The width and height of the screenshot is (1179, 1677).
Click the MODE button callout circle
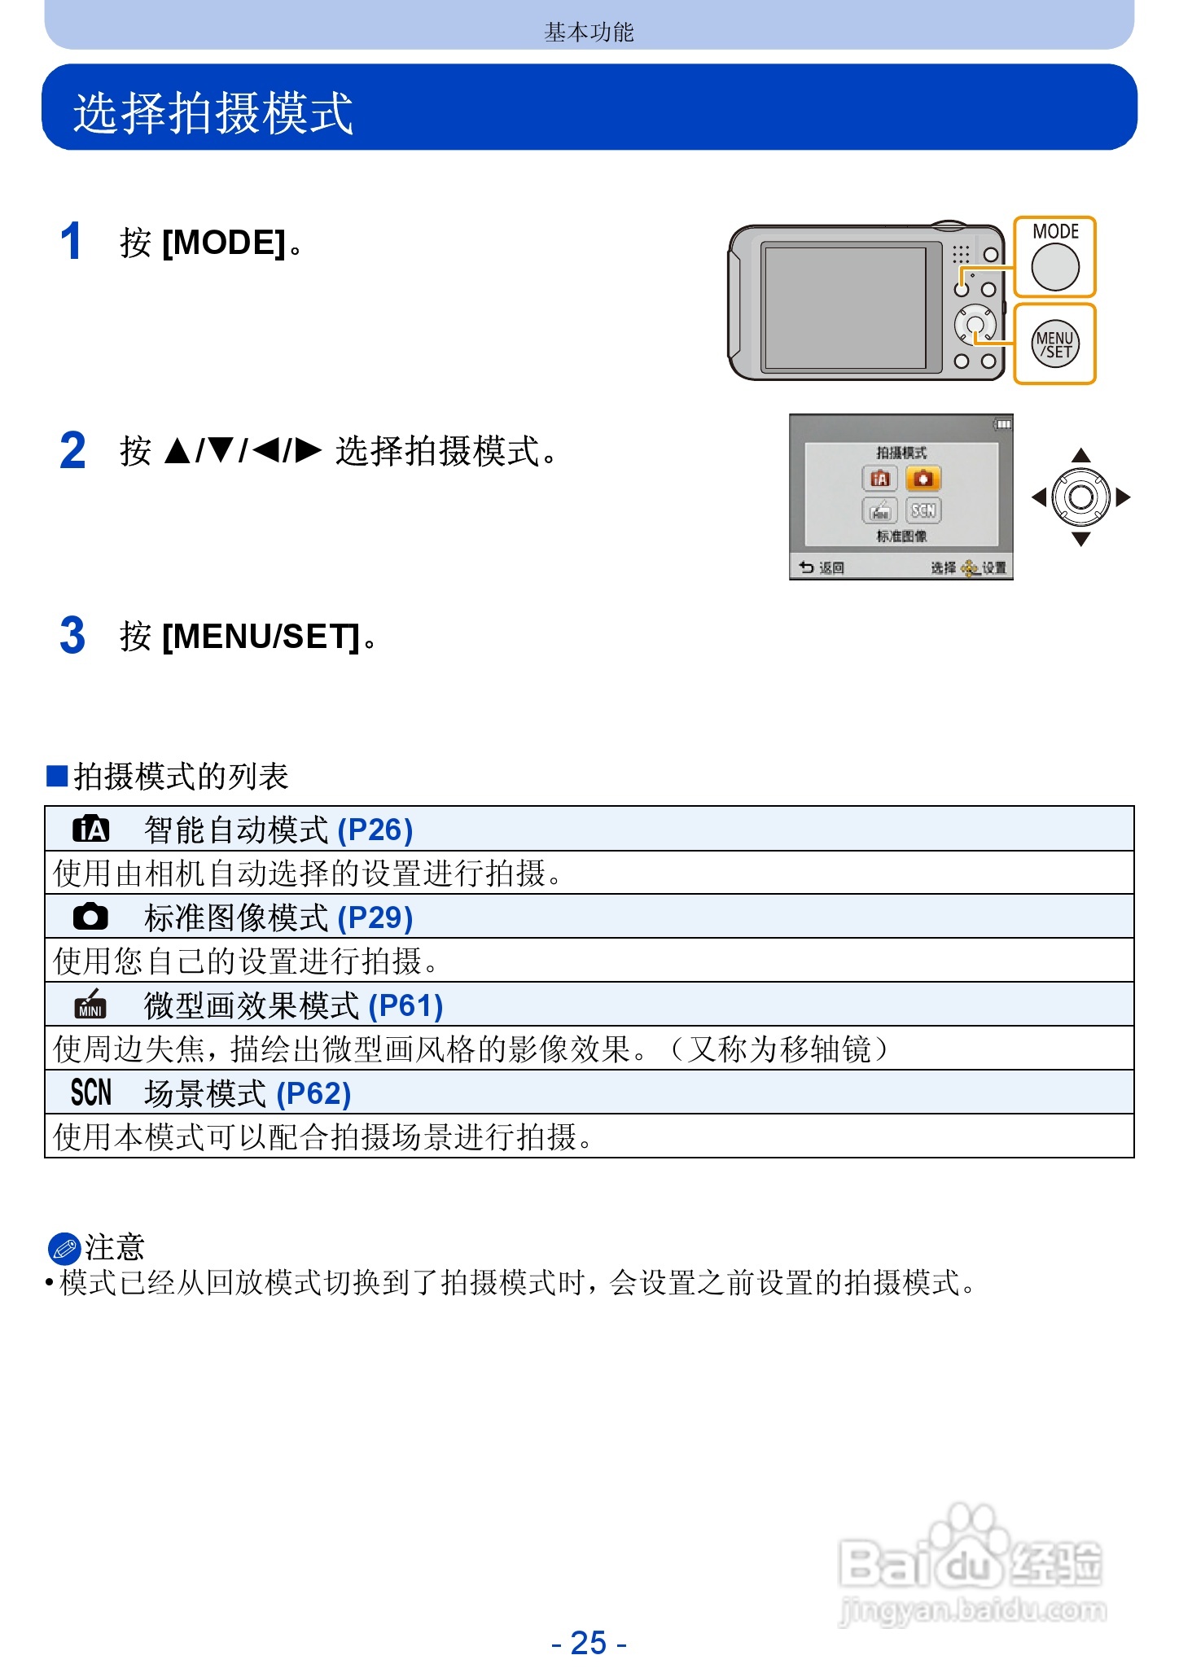pyautogui.click(x=1054, y=267)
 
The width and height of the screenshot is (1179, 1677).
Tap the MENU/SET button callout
pyautogui.click(x=1054, y=344)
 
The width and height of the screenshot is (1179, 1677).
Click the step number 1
pyautogui.click(x=72, y=242)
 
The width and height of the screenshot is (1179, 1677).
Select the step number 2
pyautogui.click(x=72, y=451)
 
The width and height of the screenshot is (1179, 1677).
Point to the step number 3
pyautogui.click(x=72, y=636)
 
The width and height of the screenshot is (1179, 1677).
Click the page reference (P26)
pyautogui.click(x=375, y=830)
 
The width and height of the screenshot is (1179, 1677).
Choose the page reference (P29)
pyautogui.click(x=375, y=917)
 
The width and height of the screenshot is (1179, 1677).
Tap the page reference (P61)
pyautogui.click(x=405, y=1005)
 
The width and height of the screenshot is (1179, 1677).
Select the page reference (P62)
pyautogui.click(x=313, y=1093)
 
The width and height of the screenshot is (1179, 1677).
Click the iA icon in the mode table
pyautogui.click(x=90, y=830)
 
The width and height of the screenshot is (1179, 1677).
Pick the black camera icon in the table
pyautogui.click(x=90, y=917)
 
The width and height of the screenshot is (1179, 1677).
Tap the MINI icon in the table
pyautogui.click(x=90, y=1005)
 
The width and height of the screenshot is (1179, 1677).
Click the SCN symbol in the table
pyautogui.click(x=90, y=1092)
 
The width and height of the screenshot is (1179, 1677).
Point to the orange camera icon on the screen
pyautogui.click(x=923, y=479)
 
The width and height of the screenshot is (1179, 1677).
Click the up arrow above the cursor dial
pyautogui.click(x=1080, y=455)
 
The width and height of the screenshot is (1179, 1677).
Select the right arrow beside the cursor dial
pyautogui.click(x=1124, y=497)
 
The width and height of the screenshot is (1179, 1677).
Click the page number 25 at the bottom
pyautogui.click(x=589, y=1643)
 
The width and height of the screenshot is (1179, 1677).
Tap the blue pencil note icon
pyautogui.click(x=64, y=1248)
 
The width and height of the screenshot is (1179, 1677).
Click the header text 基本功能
pyautogui.click(x=589, y=32)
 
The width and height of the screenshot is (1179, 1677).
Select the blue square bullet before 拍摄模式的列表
pyautogui.click(x=56, y=776)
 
